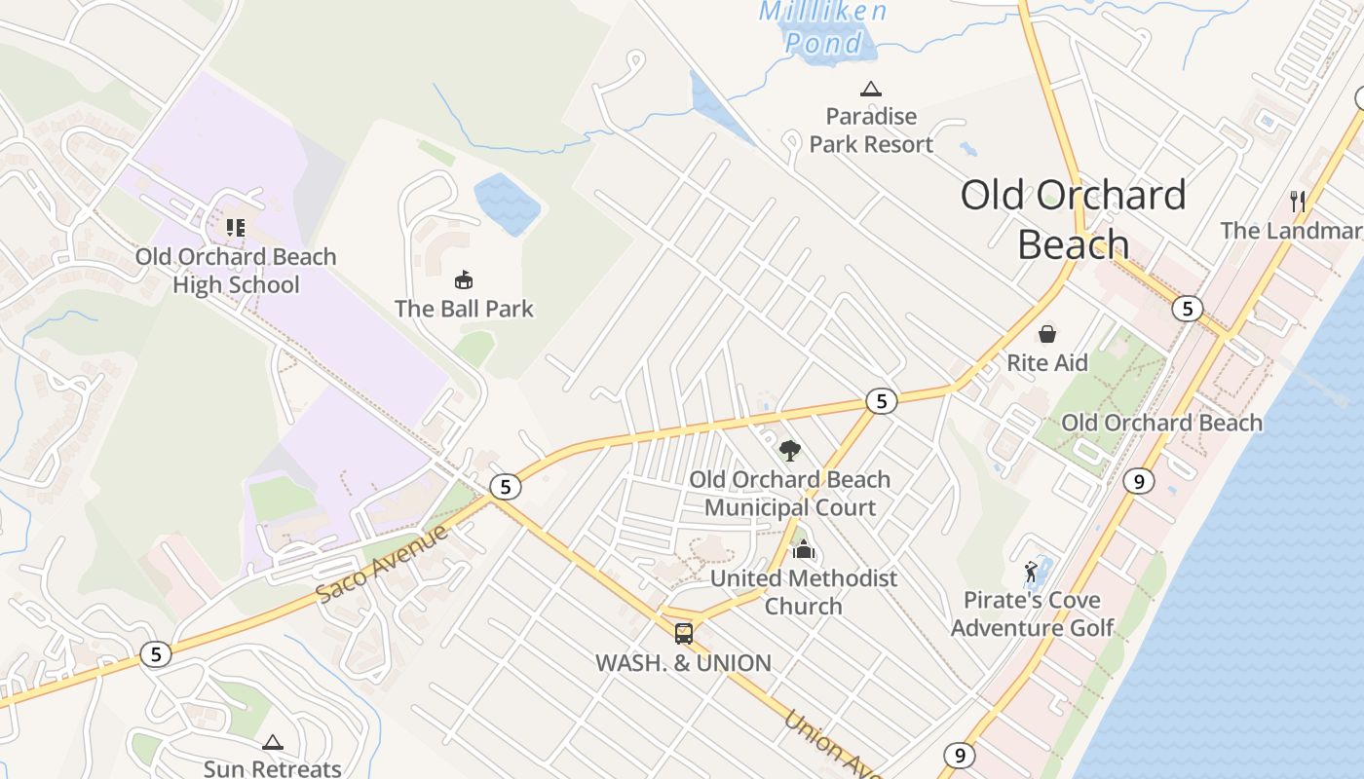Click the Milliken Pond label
pyautogui.click(x=823, y=26)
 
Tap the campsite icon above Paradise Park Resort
pyautogui.click(x=871, y=90)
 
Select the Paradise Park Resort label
pyautogui.click(x=871, y=130)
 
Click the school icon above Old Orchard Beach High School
pyautogui.click(x=235, y=228)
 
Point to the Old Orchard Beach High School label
pyautogui.click(x=236, y=271)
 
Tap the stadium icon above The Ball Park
pyautogui.click(x=464, y=280)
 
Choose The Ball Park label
pyautogui.click(x=464, y=309)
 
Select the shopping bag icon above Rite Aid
pyautogui.click(x=1047, y=335)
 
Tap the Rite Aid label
pyautogui.click(x=1047, y=363)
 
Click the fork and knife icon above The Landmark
pyautogui.click(x=1298, y=202)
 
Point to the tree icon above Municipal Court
pyautogui.click(x=790, y=451)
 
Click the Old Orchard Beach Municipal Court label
pyautogui.click(x=790, y=494)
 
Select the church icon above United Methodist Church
pyautogui.click(x=803, y=550)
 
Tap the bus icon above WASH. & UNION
pyautogui.click(x=684, y=634)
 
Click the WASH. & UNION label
pyautogui.click(x=683, y=663)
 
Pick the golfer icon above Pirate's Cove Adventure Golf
pyautogui.click(x=1032, y=572)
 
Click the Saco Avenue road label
pyautogui.click(x=383, y=564)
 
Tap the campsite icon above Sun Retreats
pyautogui.click(x=273, y=743)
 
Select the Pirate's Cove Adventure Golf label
pyautogui.click(x=1032, y=613)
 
